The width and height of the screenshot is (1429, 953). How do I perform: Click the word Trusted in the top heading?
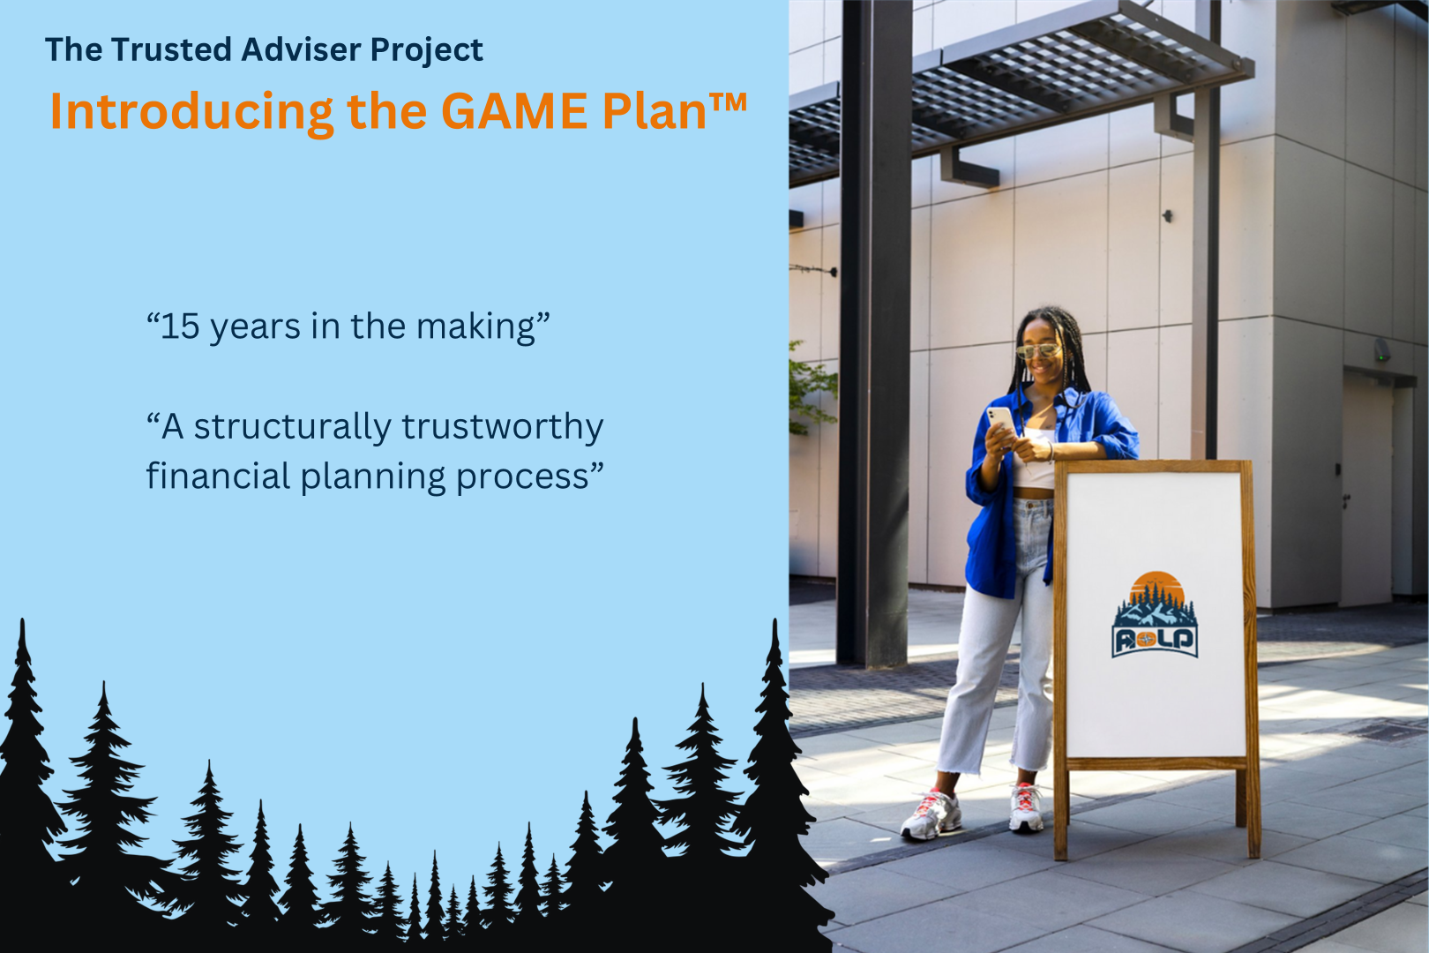point(170,49)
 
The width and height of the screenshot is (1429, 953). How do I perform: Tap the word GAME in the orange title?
point(514,111)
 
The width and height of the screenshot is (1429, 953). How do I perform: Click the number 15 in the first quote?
point(181,326)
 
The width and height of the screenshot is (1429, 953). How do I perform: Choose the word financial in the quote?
point(218,476)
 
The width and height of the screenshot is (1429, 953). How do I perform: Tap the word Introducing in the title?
point(191,113)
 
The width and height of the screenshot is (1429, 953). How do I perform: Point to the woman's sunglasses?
point(1038,350)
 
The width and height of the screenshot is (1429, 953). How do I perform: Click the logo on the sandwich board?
point(1155,614)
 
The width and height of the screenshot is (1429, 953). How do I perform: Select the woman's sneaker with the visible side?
point(931,815)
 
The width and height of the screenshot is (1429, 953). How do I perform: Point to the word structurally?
point(293,428)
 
